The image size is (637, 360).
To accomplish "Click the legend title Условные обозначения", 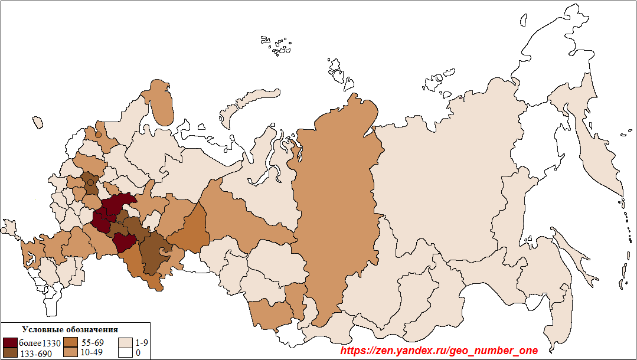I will click(70, 329).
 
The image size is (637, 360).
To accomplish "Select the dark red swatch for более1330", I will click(10, 343).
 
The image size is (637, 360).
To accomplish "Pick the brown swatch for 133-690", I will click(10, 354).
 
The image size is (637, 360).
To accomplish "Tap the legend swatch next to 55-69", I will click(71, 343).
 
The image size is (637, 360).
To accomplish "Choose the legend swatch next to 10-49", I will click(71, 353).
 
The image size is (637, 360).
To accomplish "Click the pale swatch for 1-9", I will click(125, 343).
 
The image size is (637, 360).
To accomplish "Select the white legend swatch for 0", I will click(125, 353).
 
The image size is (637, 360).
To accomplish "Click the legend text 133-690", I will click(36, 354).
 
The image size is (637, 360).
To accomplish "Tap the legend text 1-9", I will click(142, 343).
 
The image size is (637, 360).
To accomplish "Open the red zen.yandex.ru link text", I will click(439, 351).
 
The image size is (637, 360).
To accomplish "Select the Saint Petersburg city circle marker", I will click(99, 135).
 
